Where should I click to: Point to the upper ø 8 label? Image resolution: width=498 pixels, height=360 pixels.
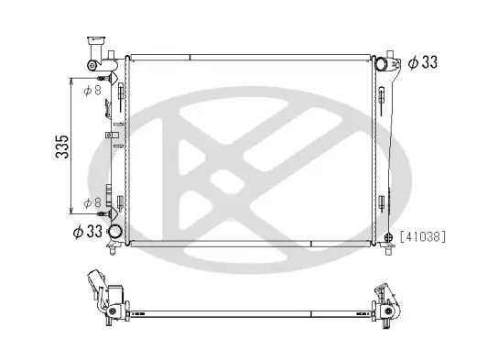92,91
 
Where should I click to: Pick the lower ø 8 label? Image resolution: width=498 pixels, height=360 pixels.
92,202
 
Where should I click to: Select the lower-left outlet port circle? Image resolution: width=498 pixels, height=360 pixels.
115,232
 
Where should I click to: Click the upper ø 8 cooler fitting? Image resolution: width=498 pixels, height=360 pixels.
118,91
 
